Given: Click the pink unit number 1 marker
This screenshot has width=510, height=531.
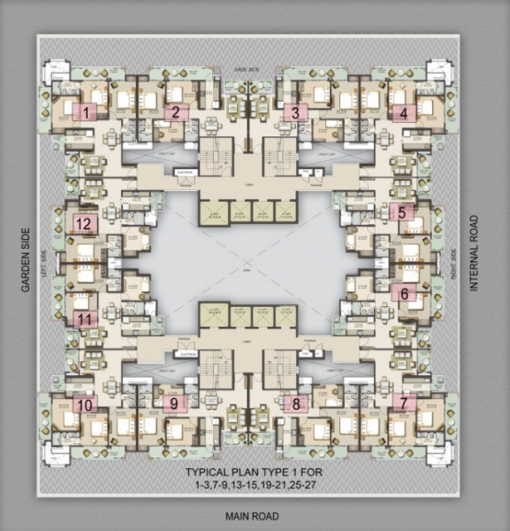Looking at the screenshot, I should pos(86,112).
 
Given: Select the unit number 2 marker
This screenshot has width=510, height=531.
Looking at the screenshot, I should pos(176,112).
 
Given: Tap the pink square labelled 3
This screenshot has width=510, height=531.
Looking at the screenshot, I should pos(295,112).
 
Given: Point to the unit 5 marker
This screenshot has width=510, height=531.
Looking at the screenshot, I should pos(401,212).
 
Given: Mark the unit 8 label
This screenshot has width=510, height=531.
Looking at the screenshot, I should pos(296,403).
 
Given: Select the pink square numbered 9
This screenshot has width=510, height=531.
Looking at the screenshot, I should pos(173,403).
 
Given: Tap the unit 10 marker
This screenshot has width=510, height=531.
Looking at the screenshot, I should pos(85,404).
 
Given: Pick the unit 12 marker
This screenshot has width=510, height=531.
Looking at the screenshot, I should pos(84,224).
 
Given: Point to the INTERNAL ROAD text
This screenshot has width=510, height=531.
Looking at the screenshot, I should pos(474,254).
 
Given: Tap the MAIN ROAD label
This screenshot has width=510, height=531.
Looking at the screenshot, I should pos(252,516).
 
